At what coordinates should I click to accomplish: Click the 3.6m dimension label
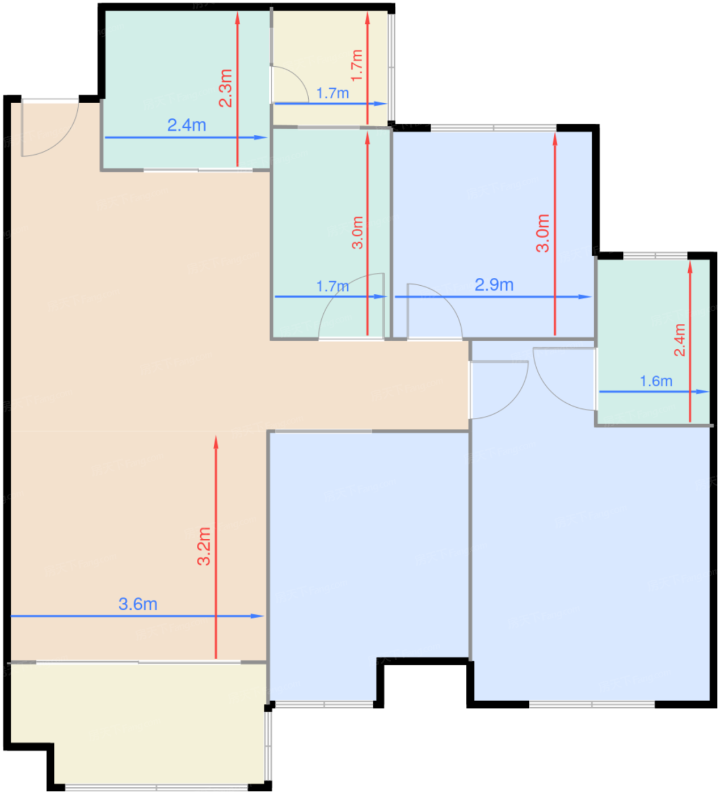(x=138, y=605)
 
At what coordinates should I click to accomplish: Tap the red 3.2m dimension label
(x=204, y=547)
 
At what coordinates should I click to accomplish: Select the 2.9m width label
(x=494, y=285)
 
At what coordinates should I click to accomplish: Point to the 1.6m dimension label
(x=656, y=381)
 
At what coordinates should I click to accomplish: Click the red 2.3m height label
(x=225, y=88)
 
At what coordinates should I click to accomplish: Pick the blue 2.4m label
(x=187, y=125)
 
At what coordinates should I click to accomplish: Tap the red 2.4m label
(x=679, y=340)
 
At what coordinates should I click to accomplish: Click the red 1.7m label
(x=357, y=66)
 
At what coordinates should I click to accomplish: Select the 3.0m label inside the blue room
(x=542, y=234)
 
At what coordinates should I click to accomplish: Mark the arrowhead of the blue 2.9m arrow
(x=587, y=297)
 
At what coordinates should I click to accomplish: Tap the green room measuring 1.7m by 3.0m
(x=331, y=234)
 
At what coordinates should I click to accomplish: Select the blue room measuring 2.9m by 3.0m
(x=492, y=234)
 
